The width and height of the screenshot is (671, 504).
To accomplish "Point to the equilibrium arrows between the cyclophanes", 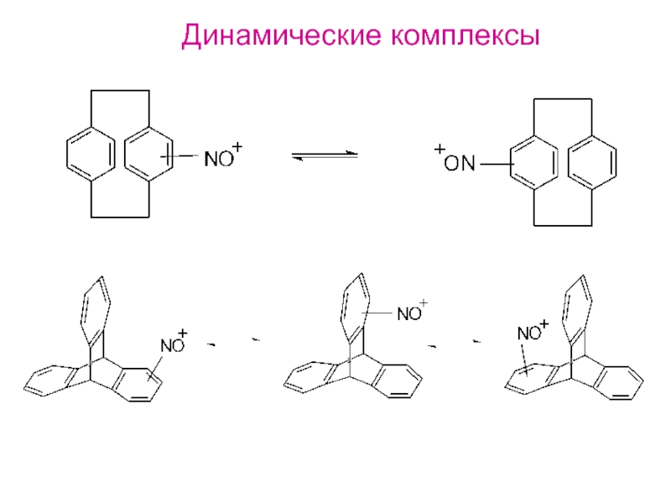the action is pos(324,156).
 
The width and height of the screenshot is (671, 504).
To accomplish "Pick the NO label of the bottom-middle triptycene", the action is pos(408,314).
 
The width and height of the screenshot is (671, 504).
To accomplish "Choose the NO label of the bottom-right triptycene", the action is pos(528,333).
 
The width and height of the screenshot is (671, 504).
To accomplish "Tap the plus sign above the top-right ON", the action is pos(439,150).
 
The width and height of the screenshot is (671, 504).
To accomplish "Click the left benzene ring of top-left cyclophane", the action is pos(88,153).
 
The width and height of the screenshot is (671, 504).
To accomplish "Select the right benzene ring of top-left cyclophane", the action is pos(148,153).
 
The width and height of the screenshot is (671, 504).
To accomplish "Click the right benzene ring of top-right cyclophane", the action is pos(593,160).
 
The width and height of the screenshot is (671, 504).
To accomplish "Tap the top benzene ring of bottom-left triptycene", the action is pos(94,309).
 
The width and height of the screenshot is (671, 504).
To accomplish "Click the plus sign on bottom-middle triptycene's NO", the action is pos(423,302).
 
